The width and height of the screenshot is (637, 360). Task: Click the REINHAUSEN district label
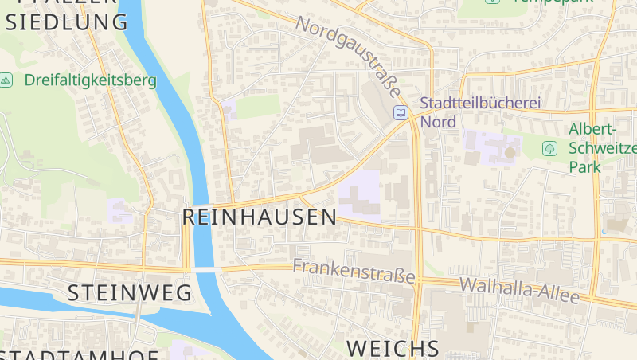coord(260,217)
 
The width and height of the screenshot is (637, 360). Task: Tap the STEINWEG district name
coord(129,292)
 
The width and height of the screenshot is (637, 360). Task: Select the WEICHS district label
coord(393,348)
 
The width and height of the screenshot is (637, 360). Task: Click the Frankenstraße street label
coord(354,272)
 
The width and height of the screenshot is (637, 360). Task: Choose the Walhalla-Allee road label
coord(519,290)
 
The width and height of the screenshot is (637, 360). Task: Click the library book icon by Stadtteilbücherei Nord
coord(401,113)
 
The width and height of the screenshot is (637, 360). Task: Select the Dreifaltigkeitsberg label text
coord(90,80)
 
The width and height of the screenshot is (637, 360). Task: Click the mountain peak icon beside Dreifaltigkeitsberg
coord(6,80)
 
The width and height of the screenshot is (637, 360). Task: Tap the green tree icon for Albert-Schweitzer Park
coord(549,148)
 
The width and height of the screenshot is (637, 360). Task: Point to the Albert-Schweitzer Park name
coord(601,148)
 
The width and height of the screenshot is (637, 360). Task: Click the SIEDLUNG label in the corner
coord(67,22)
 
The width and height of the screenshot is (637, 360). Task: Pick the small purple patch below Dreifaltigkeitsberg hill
coord(120,210)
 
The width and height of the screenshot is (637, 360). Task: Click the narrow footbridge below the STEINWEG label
coord(137,313)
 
